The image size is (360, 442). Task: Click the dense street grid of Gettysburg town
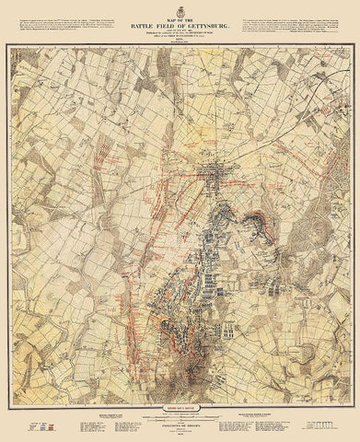(216, 176)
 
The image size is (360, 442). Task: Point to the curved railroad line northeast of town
(276, 138)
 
